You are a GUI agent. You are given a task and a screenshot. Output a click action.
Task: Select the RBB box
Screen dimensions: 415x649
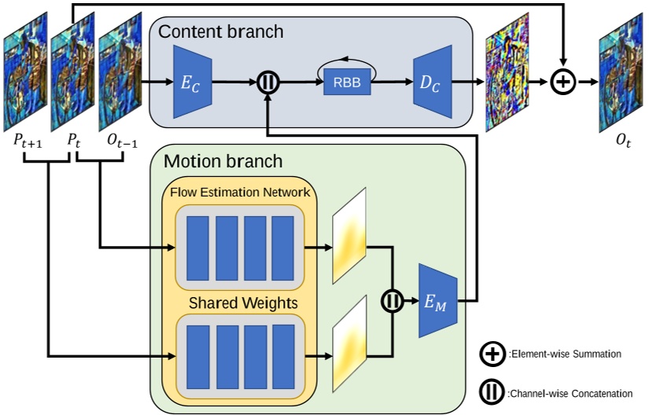pos(346,83)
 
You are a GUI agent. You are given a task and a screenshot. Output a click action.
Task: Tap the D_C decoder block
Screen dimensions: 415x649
pos(428,81)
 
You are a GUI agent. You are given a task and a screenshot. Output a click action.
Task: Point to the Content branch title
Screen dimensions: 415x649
pos(221,32)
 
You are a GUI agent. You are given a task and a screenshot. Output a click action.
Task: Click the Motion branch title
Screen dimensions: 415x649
pos(223,162)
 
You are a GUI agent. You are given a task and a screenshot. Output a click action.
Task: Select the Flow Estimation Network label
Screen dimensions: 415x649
pos(239,191)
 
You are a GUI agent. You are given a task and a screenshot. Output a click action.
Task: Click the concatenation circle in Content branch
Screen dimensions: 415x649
pos(269,81)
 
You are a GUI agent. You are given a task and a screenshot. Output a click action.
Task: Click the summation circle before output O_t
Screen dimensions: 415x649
pos(563,81)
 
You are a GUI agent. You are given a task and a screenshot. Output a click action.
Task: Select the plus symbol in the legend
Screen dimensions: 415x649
pos(492,354)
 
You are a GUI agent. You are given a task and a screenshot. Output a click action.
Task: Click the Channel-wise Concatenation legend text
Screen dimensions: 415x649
pos(576,392)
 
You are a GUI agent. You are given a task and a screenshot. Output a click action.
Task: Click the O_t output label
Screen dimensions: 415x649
pos(626,141)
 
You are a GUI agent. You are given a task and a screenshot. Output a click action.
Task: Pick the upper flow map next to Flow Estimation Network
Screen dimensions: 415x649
pos(350,236)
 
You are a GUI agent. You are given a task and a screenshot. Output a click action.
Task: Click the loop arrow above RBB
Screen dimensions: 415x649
pos(346,65)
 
